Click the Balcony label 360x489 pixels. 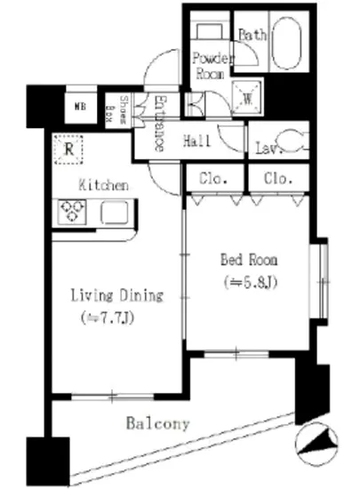tap(157, 423)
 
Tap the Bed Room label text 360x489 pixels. tap(249, 261)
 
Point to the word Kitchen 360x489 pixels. tap(104, 186)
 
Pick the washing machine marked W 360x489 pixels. tap(246, 100)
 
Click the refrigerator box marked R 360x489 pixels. tap(68, 149)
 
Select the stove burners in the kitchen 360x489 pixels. tap(71, 212)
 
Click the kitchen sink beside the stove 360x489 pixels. tap(114, 212)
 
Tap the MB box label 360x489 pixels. tap(80, 105)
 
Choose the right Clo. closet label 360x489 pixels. tap(278, 178)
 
